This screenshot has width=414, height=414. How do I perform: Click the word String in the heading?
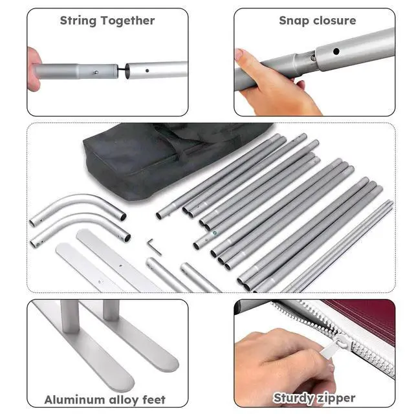78,21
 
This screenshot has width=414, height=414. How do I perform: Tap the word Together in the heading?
128,21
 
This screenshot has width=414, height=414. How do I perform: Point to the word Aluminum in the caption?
75,400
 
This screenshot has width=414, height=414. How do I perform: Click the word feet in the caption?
154,400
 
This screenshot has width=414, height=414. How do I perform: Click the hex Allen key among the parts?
154,247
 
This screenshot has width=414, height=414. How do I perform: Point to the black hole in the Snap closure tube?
336,51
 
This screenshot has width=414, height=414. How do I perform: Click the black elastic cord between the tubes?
121,70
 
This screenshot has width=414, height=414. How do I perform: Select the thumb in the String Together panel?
34,69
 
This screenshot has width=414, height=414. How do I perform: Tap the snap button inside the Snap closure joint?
313,58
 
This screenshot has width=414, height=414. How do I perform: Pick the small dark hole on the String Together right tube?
147,71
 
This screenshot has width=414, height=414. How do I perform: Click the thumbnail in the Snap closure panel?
239,55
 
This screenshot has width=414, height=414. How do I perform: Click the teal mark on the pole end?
215,233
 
